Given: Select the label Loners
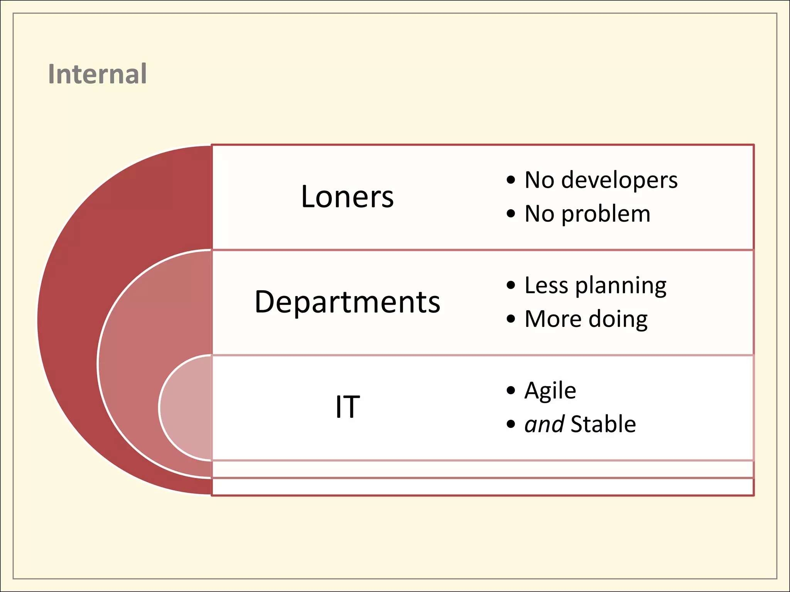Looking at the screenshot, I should [x=347, y=197].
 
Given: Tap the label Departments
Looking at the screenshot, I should [x=347, y=302].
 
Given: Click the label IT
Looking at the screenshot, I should [x=347, y=407].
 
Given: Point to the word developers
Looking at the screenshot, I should [x=619, y=180].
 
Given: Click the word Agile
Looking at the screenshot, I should [x=550, y=391].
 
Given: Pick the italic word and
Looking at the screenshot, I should [x=544, y=424].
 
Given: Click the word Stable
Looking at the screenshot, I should [x=603, y=424].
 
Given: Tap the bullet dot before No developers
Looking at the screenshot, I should [x=511, y=180].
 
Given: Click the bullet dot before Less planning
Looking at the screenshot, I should [x=511, y=285].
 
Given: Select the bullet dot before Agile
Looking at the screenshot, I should [x=511, y=390].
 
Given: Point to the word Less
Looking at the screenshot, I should [x=546, y=285].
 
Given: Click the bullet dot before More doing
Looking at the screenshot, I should [x=511, y=319].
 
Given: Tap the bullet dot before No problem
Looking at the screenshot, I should [x=511, y=214].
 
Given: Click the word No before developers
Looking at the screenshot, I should [x=539, y=180].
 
